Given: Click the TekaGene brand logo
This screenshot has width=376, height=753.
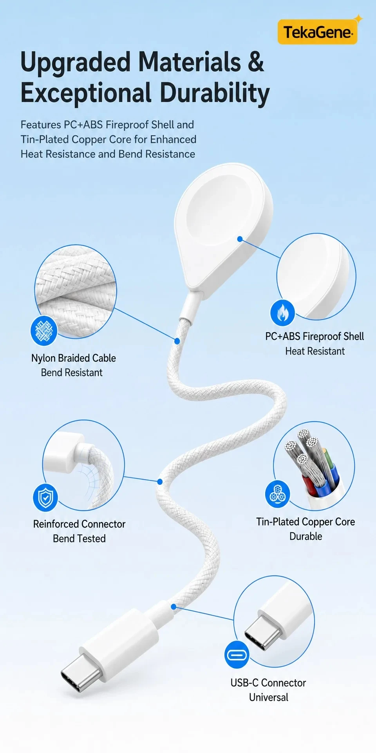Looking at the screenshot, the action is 318,32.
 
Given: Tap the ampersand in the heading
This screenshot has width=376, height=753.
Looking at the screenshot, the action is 255,62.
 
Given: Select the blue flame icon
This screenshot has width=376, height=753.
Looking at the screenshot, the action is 282,313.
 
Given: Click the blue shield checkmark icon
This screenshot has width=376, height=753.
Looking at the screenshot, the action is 45,497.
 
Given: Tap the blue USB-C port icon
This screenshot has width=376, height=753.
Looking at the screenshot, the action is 237,655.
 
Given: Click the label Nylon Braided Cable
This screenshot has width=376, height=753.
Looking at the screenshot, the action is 74,358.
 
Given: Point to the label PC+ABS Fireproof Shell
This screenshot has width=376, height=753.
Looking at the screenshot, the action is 315,336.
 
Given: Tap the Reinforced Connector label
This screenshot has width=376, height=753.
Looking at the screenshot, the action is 79,524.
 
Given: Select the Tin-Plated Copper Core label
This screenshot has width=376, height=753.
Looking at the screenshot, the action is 305,522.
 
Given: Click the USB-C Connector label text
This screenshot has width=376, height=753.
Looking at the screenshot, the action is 268,683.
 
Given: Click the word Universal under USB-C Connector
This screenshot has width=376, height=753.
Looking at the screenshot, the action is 269,697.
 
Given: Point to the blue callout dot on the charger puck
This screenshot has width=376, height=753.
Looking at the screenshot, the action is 240,239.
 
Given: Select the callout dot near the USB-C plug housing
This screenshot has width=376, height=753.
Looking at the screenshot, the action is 174,607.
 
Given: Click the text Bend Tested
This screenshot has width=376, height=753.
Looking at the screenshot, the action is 79,538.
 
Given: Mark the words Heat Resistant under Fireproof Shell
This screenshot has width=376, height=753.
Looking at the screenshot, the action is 315,351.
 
